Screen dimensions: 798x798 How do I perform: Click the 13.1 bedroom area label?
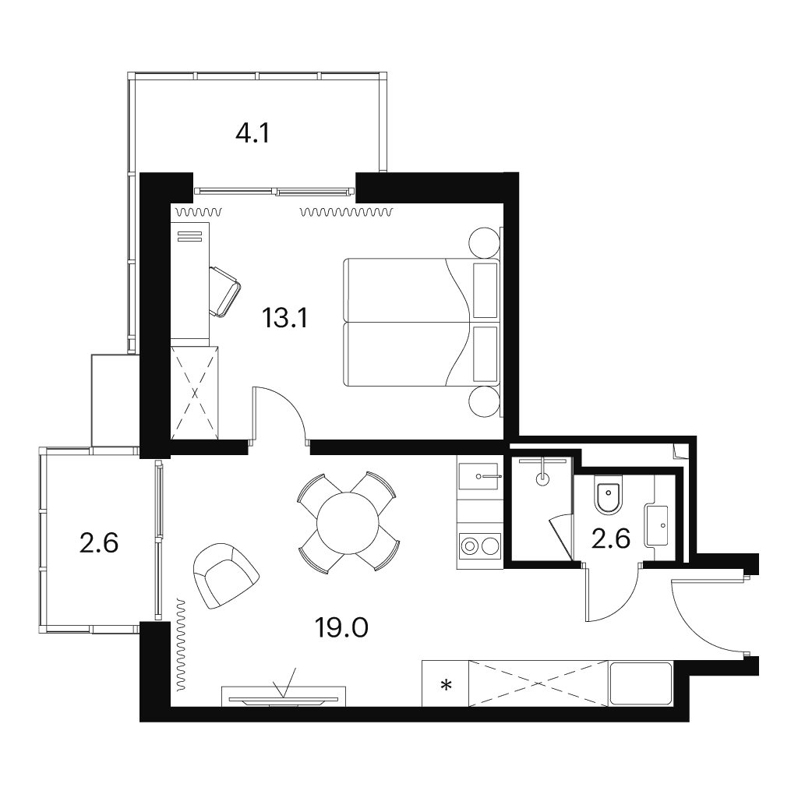[285, 319]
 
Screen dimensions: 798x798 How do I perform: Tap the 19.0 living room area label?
[341, 628]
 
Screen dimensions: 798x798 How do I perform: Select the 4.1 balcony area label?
[252, 133]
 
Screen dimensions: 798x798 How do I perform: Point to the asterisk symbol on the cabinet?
[446, 686]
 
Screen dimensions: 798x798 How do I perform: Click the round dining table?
[348, 523]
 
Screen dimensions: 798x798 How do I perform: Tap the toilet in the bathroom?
[609, 493]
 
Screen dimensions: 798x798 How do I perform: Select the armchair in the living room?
[226, 575]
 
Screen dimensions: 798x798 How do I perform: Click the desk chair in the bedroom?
[224, 291]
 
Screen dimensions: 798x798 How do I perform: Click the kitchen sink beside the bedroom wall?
[478, 476]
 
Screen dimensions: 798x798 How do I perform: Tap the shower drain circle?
[543, 478]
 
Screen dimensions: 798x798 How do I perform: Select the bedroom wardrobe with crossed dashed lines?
[196, 393]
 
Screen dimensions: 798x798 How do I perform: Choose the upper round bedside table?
[483, 243]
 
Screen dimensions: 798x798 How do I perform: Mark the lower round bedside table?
[483, 402]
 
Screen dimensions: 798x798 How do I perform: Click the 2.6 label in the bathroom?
[610, 538]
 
